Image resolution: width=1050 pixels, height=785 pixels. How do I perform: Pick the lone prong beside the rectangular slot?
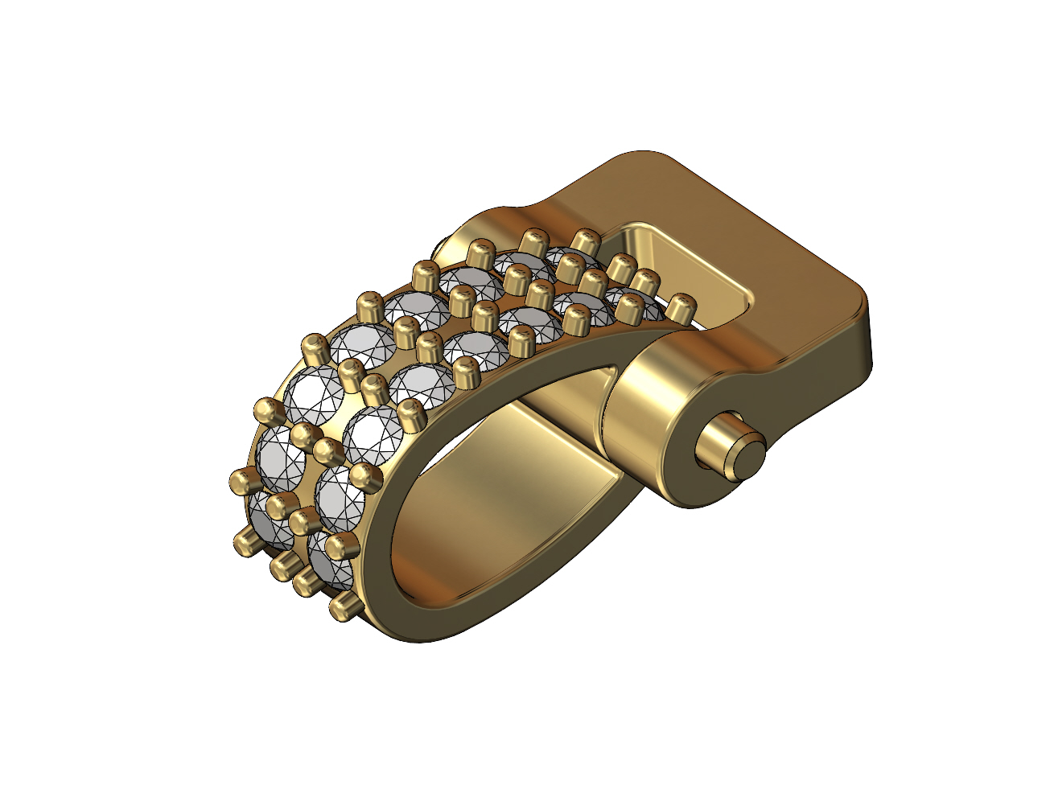tap(682, 306)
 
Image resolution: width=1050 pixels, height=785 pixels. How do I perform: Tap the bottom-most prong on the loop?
tap(344, 605)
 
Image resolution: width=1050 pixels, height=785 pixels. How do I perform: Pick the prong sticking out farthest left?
tap(241, 482)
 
